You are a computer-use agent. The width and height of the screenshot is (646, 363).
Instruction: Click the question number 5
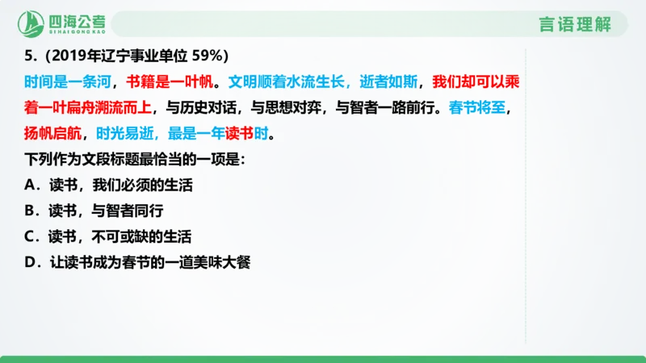(30, 56)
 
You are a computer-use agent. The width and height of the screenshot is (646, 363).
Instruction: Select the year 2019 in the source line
(67, 56)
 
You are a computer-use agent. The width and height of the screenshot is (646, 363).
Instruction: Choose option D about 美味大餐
(139, 263)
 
